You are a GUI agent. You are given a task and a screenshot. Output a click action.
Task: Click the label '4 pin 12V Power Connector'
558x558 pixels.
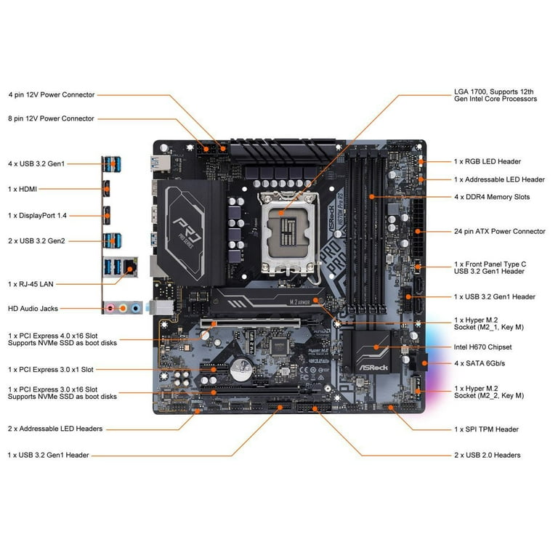tap(52, 94)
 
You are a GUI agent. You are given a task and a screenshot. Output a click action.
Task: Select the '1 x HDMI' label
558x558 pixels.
tap(23, 189)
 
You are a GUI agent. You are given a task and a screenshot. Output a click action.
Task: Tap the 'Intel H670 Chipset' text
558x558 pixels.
tap(482, 347)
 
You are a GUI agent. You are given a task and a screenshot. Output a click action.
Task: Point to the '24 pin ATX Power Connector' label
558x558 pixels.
tap(500, 231)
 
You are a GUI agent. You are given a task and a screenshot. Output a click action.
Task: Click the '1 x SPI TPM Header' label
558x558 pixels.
tap(486, 429)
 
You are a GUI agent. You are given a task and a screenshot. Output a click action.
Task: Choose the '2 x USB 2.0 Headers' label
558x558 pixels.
tap(488, 455)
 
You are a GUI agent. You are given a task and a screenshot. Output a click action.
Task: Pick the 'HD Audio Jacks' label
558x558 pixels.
tap(33, 309)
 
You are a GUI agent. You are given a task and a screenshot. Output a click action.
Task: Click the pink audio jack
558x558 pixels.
tap(110, 308)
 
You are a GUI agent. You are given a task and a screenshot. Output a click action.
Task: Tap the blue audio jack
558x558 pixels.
tap(136, 308)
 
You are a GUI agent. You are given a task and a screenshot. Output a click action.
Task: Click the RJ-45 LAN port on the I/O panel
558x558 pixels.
tap(130, 267)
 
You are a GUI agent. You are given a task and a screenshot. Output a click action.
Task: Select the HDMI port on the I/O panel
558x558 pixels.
tap(106, 189)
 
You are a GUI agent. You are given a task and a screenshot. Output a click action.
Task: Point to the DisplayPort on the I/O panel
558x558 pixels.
tap(107, 215)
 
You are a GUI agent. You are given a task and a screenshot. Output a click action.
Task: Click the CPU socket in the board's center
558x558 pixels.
tap(288, 233)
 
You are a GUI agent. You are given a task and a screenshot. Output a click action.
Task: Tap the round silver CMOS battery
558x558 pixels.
tap(241, 369)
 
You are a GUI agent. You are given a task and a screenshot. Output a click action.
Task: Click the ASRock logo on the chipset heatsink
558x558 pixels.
tap(373, 367)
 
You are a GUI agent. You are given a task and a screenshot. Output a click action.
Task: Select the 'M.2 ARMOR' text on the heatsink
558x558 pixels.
tap(299, 302)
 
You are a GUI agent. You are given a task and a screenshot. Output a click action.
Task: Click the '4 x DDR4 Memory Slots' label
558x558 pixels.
tap(492, 197)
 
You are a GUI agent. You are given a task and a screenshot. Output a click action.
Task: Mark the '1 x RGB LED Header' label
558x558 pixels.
tap(488, 161)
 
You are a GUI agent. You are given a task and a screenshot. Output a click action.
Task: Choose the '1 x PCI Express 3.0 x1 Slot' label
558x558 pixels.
tap(51, 369)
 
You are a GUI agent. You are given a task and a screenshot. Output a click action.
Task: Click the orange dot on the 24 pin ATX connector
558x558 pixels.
tap(418, 232)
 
